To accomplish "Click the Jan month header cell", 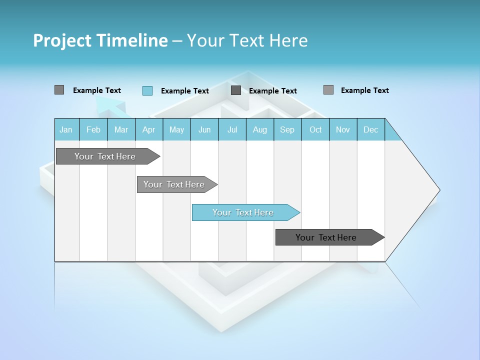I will (x=66, y=129).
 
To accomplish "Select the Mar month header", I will (x=121, y=129).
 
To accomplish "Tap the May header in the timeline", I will (x=176, y=129).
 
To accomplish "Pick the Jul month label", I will (x=232, y=129).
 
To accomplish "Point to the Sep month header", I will (x=287, y=129).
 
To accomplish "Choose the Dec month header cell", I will (x=370, y=129).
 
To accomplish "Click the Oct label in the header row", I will (x=315, y=129).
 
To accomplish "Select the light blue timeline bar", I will (x=243, y=212).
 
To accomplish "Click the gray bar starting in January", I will (x=105, y=156).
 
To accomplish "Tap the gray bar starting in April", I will (x=174, y=184).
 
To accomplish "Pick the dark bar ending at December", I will (x=326, y=237).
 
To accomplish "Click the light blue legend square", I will (x=147, y=90).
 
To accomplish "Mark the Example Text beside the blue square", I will (x=184, y=91).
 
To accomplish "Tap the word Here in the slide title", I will (x=288, y=40).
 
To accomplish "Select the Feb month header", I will (x=93, y=129).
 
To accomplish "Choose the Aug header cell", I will (x=259, y=129).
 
